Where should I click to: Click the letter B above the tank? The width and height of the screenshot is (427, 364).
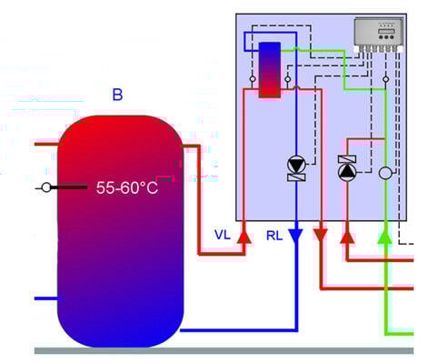point(117,95)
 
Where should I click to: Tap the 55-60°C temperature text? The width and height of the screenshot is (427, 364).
point(127,187)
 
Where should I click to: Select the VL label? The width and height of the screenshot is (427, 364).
point(223,235)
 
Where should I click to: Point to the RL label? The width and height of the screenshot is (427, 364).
point(274,236)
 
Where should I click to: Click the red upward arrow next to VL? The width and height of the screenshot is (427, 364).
point(243,238)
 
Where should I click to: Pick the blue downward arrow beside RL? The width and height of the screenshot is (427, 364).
point(295,236)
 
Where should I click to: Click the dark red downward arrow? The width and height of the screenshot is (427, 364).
point(321,235)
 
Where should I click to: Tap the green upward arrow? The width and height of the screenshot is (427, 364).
point(385,238)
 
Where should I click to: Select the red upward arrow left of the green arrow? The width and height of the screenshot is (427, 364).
point(347,238)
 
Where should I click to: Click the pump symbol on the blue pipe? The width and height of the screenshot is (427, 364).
point(296,165)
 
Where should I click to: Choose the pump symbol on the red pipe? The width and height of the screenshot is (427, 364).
point(347,172)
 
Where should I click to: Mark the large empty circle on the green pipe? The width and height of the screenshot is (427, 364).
point(385,173)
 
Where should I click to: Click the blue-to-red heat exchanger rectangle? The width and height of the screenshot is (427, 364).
point(270,70)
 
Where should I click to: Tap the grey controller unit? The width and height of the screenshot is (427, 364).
point(379,35)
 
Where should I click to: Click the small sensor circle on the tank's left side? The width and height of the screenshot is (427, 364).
point(46,187)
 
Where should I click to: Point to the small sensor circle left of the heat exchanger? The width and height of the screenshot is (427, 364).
point(253,79)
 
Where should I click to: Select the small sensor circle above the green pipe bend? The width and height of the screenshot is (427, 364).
point(385,79)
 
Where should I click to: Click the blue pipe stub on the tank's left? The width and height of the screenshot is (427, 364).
point(49,298)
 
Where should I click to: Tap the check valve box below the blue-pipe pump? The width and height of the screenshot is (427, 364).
point(296,177)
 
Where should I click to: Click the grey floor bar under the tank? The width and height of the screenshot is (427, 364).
point(223,350)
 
